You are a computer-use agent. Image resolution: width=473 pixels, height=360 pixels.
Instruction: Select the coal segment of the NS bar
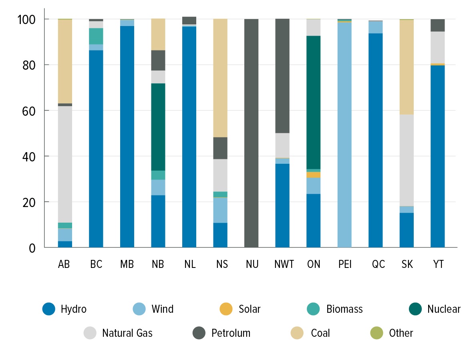click(x=220, y=78)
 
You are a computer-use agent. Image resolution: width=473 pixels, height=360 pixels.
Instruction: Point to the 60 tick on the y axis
click(x=30, y=111)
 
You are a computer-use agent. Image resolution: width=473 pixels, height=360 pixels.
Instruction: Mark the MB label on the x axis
click(x=127, y=265)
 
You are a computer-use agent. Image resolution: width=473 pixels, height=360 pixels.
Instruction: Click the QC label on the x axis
click(x=378, y=265)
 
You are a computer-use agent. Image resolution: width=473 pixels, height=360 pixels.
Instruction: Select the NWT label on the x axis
click(x=284, y=265)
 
